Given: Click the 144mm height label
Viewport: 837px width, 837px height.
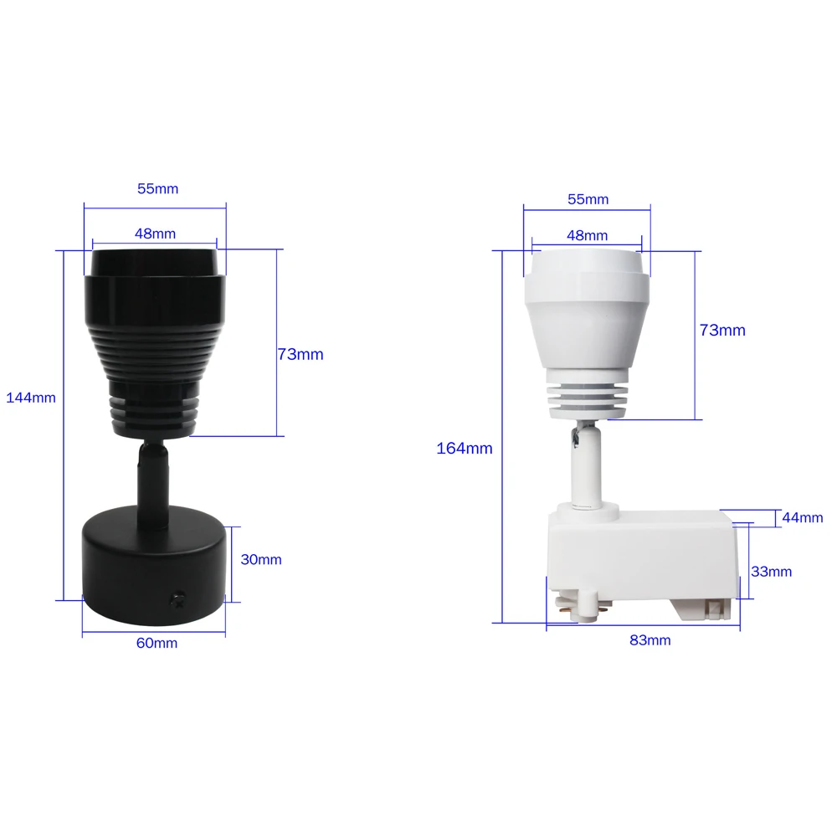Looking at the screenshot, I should (x=31, y=398).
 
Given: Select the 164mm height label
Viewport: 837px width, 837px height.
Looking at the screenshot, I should (x=465, y=449).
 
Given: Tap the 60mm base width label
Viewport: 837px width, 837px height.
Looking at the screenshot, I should (x=157, y=643).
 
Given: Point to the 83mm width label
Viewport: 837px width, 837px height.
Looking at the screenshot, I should (x=650, y=640).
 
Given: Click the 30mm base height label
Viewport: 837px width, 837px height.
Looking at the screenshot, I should (x=261, y=560).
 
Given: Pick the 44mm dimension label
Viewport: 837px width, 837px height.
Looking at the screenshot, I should (x=802, y=518).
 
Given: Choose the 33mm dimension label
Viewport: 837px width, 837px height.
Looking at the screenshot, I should (x=771, y=572).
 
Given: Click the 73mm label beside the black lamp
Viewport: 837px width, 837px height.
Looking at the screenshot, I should (x=300, y=355).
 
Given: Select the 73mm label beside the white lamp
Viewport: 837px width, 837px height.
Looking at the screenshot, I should (x=722, y=331).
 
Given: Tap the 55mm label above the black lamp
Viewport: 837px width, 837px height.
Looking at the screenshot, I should (x=157, y=189).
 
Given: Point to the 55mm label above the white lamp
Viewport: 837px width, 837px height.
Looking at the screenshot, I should (x=588, y=199).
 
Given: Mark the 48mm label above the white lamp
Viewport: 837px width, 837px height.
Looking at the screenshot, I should (x=587, y=236).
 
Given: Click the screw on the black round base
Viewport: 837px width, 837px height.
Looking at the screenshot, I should (x=177, y=598).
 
